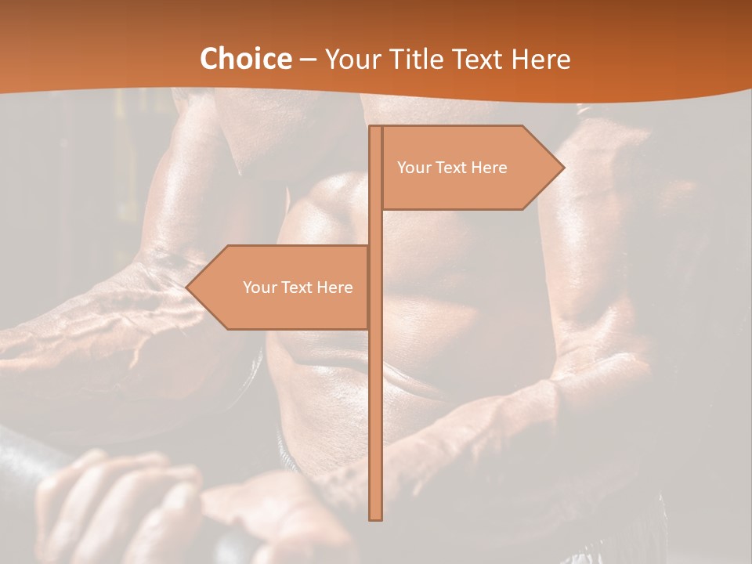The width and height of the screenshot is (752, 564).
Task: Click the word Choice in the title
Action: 245,60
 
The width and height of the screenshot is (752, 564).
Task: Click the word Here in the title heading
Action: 542,60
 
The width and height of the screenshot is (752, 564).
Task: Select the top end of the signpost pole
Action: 375,128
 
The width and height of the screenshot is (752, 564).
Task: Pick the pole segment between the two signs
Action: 375,227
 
